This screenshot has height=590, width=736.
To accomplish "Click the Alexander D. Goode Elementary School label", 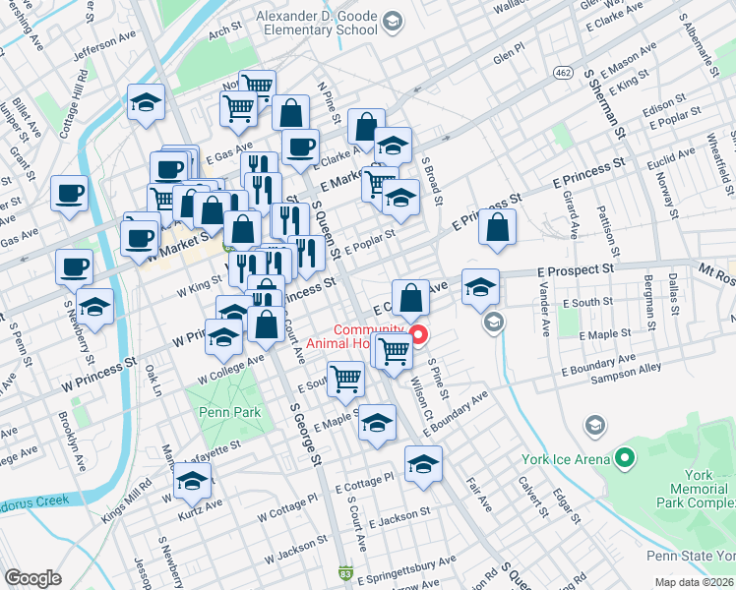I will pos(316,23).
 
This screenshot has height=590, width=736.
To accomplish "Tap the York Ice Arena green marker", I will pos(624,458).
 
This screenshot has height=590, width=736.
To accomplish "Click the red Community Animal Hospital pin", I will pos(417,335).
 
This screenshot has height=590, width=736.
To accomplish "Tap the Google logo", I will pos(32,578).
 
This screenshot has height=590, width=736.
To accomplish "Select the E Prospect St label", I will pos(576,267).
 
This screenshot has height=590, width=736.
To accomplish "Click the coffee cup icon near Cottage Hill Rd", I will pos(70,194).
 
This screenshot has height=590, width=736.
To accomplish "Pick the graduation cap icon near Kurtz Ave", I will pos(192,481).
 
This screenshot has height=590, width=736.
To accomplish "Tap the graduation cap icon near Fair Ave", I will pos(423,464).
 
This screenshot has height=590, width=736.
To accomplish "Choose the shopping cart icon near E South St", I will pos(345,379).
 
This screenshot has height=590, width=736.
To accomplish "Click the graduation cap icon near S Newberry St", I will pos(94,307).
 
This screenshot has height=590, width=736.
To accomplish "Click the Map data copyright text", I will pos(694,581).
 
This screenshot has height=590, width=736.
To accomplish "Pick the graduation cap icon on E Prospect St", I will pos(479,287).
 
